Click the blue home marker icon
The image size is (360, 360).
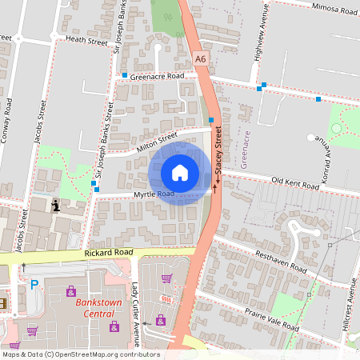pyautogui.click(x=180, y=173)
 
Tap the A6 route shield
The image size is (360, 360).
pyautogui.click(x=200, y=58)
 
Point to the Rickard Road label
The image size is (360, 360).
pyautogui.click(x=108, y=253)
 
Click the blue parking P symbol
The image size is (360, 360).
pyautogui.click(x=34, y=284)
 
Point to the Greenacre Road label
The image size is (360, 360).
pyautogui.click(x=158, y=76)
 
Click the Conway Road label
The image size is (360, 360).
pyautogui.click(x=8, y=120)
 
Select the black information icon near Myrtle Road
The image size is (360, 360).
pyautogui.click(x=55, y=206)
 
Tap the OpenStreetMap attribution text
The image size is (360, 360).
pyautogui.click(x=80, y=354)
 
